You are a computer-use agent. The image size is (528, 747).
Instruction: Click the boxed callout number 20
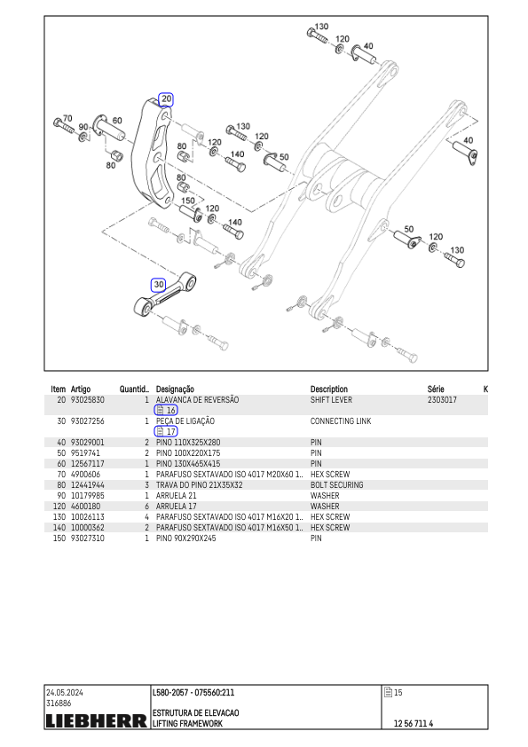pyautogui.click(x=166, y=99)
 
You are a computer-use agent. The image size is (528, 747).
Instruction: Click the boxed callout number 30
pyautogui.click(x=158, y=285)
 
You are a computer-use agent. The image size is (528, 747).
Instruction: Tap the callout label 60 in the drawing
pyautogui.click(x=117, y=121)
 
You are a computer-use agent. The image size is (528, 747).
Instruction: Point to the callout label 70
pyautogui.click(x=67, y=118)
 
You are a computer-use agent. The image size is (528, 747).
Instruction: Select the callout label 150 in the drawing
pyautogui.click(x=188, y=201)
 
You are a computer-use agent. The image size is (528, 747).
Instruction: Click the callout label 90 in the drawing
pyautogui.click(x=83, y=127)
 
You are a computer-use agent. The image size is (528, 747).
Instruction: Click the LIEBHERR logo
pyautogui.click(x=96, y=720)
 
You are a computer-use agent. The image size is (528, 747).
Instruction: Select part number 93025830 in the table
pyautogui.click(x=87, y=400)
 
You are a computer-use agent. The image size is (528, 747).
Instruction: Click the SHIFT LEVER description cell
pyautogui.click(x=331, y=400)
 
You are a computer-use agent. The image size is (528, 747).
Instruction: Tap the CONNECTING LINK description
pyautogui.click(x=341, y=421)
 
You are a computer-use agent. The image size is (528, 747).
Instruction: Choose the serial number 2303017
pyautogui.click(x=442, y=400)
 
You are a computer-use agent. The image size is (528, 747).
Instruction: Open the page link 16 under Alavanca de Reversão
pyautogui.click(x=166, y=410)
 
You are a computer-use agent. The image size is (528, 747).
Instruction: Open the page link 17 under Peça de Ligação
pyautogui.click(x=166, y=432)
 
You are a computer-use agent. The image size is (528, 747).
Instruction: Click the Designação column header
pyautogui.click(x=175, y=389)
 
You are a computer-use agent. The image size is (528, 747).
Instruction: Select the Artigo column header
pyautogui.click(x=81, y=389)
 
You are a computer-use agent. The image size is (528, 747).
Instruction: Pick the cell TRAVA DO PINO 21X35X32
pyautogui.click(x=199, y=485)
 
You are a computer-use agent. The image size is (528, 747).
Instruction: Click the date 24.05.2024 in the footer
pyautogui.click(x=64, y=693)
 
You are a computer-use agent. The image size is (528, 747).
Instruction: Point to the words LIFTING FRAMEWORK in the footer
pyautogui.click(x=187, y=724)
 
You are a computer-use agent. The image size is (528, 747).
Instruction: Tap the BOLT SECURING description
pyautogui.click(x=337, y=485)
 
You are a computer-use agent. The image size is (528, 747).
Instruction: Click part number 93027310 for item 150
pyautogui.click(x=87, y=539)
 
